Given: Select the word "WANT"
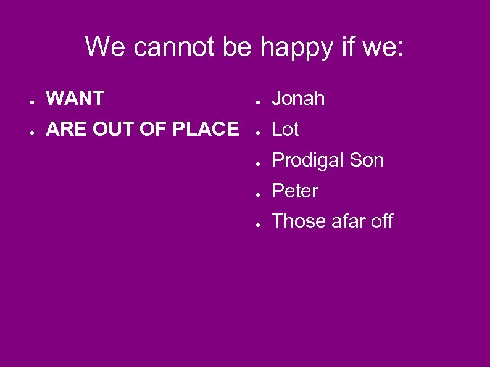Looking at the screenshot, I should (x=75, y=98).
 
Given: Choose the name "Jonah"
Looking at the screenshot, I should (x=298, y=98).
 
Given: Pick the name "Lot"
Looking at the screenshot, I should (x=285, y=129).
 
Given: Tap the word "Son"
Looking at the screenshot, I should (x=367, y=160).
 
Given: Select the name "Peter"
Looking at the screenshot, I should (x=294, y=191).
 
